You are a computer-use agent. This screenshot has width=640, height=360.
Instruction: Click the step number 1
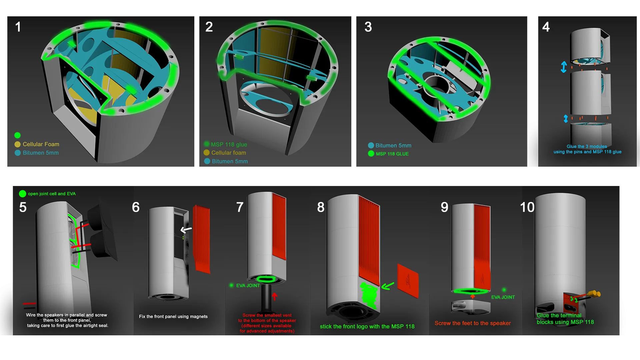18,27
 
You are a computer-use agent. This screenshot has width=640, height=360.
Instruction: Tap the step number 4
546,27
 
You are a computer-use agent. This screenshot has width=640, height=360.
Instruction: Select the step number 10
527,207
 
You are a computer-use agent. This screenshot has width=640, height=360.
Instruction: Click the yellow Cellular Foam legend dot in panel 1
18,144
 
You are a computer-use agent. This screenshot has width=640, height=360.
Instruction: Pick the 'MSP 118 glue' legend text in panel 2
229,144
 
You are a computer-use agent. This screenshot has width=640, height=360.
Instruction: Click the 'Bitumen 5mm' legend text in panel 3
393,145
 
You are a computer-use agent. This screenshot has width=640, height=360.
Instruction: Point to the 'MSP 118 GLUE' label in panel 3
392,154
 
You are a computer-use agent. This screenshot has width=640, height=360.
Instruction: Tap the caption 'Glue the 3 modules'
587,146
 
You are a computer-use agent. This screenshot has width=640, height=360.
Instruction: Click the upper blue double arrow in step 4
564,67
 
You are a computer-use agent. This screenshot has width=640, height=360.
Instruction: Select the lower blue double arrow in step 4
566,118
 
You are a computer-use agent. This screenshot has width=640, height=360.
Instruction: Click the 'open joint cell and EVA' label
52,194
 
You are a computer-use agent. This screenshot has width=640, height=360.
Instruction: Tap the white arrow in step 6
186,229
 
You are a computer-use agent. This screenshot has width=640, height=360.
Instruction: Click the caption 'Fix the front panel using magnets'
173,316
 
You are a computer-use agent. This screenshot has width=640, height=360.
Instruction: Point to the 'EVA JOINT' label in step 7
248,285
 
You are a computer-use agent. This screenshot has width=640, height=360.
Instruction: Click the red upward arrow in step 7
275,296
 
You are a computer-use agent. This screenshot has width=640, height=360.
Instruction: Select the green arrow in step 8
388,286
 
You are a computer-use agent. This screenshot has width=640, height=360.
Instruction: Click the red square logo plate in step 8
408,281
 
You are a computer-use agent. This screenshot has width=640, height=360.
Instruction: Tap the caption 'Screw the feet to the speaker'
473,323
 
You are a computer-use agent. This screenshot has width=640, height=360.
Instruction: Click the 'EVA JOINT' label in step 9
503,297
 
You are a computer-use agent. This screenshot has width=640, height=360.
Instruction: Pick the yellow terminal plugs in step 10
594,294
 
